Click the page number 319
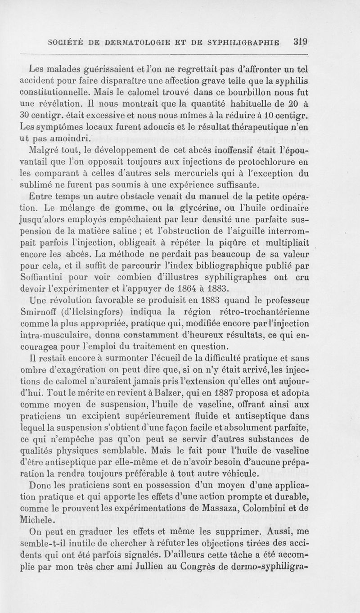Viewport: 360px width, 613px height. [299, 42]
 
